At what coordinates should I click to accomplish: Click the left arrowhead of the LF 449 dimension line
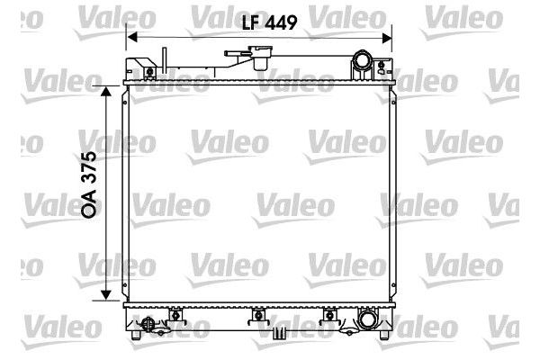[131, 37]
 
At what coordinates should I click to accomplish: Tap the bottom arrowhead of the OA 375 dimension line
[108, 297]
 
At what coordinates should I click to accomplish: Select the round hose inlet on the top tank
[363, 63]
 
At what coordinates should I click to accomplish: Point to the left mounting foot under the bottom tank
[136, 335]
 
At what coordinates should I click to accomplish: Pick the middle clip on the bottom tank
[258, 316]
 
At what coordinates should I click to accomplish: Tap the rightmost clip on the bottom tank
[329, 316]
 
